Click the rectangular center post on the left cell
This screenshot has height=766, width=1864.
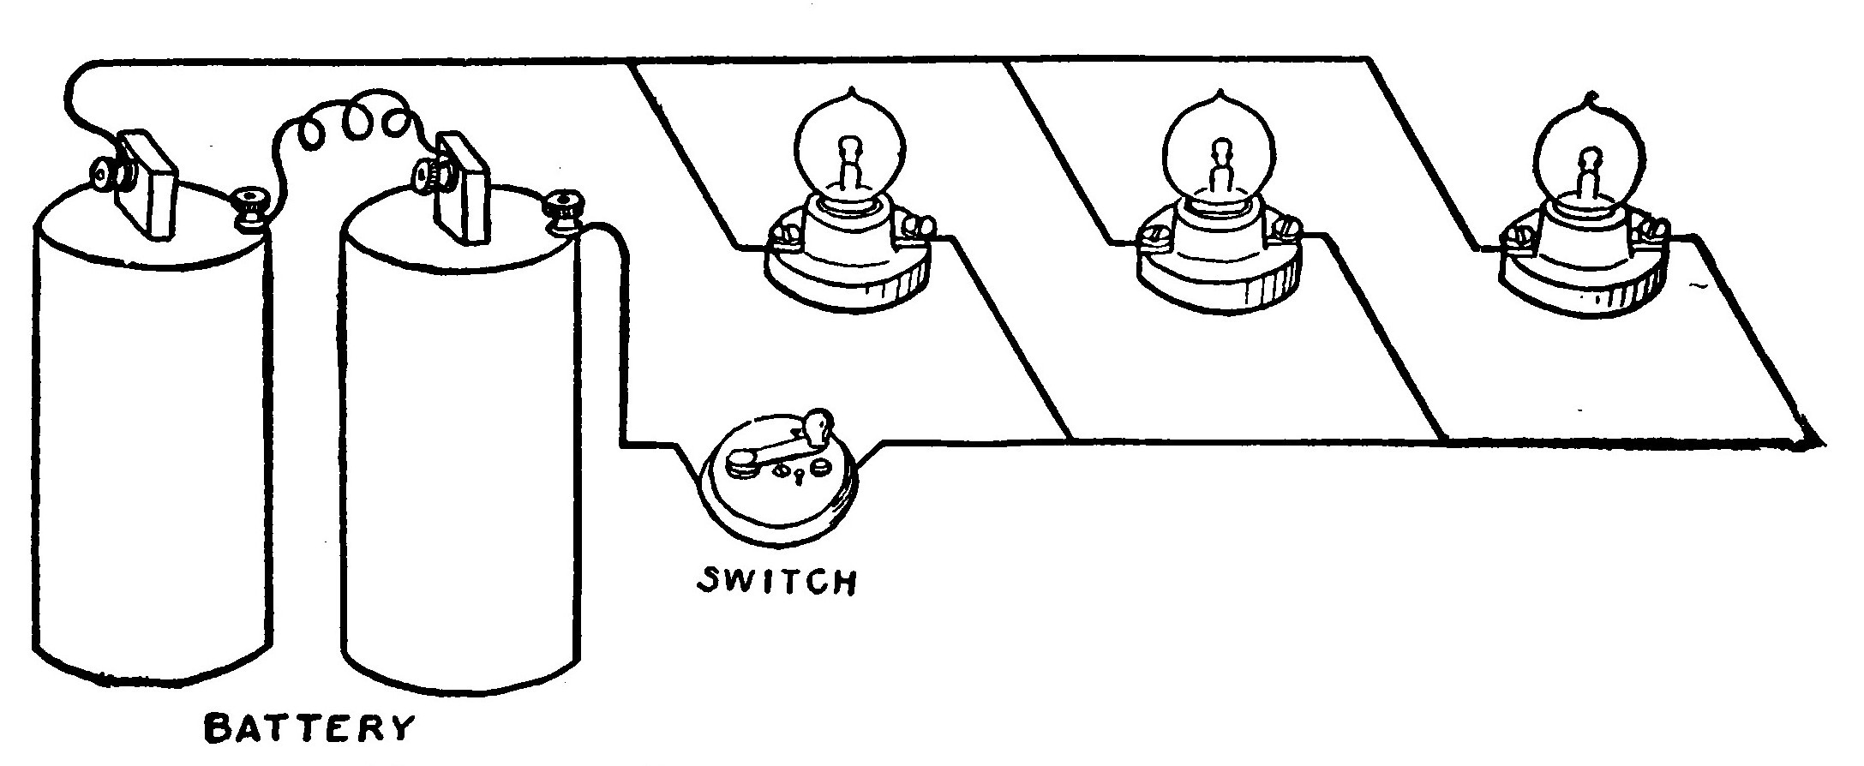(x=148, y=185)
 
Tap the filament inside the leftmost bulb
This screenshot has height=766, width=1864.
(x=848, y=167)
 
